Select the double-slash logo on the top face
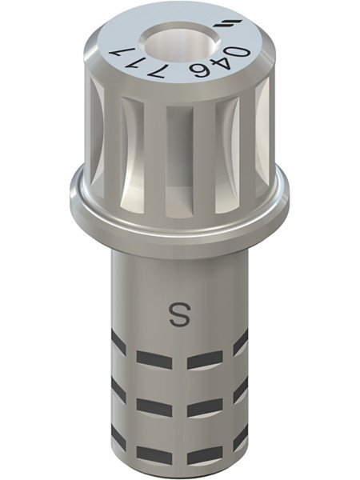(233, 26)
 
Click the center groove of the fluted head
(179, 160)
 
